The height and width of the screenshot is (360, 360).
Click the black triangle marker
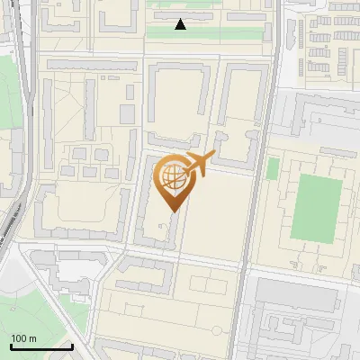(181, 24)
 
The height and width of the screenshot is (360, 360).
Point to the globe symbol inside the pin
(171, 175)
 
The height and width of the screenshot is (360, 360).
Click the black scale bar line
(40, 347)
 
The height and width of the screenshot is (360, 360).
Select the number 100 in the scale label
(19, 338)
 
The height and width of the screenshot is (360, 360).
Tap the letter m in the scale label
(32, 338)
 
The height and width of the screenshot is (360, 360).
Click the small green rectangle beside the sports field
(273, 167)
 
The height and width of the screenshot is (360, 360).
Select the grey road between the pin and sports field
(256, 207)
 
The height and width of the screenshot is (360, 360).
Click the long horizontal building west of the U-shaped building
(90, 66)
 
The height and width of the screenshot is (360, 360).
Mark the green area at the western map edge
(7, 90)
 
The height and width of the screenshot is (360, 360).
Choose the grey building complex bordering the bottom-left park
(67, 270)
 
